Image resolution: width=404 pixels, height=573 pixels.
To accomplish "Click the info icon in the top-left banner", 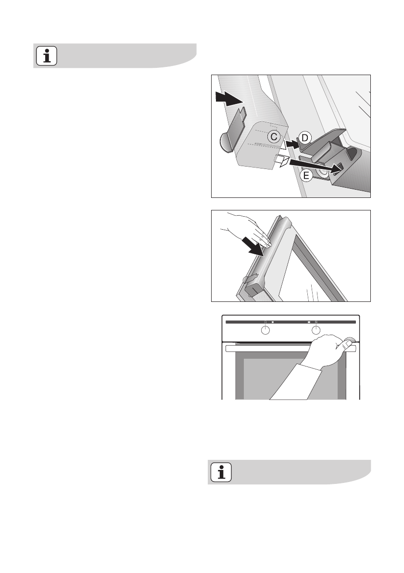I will point(47,56).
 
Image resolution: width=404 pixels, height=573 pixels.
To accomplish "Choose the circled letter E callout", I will point(304,176).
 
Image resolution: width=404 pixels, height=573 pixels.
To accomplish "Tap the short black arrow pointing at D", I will point(290,143).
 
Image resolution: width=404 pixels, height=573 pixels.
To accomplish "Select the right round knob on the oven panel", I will point(316,330).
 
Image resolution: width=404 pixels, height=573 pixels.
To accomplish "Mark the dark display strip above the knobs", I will point(289,322).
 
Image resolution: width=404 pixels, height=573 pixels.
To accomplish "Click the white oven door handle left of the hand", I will point(269,347).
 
